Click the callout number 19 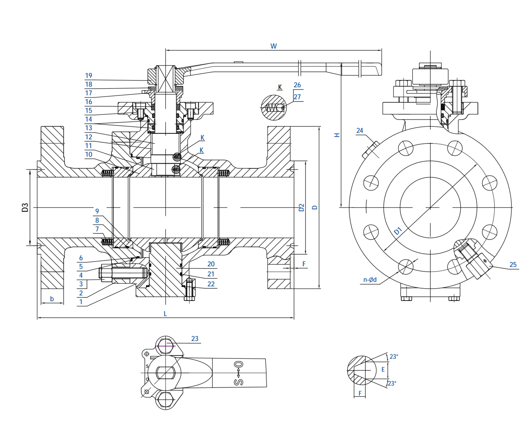[88, 76]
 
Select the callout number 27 [297, 97]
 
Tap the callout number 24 [360, 131]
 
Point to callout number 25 [513, 265]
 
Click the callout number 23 [195, 339]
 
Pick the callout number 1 [81, 302]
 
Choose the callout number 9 [97, 211]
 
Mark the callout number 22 [211, 284]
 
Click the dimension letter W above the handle [274, 46]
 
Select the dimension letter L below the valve [165, 314]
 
